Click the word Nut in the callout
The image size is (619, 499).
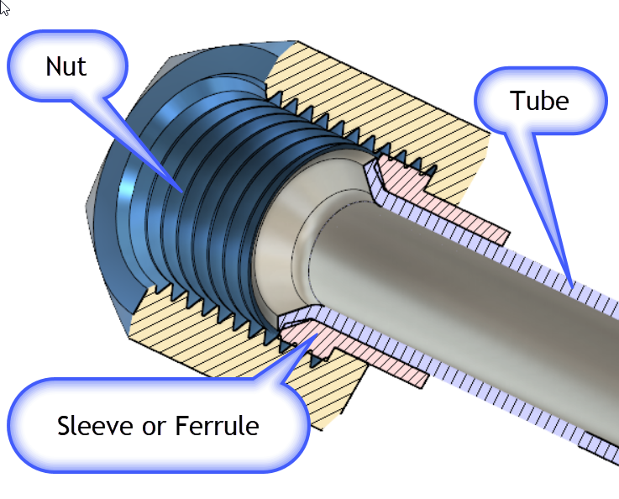click(x=66, y=66)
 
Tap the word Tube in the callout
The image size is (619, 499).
click(x=539, y=101)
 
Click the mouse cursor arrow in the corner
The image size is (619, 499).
click(x=4, y=8)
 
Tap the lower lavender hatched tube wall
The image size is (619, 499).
click(x=470, y=395)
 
